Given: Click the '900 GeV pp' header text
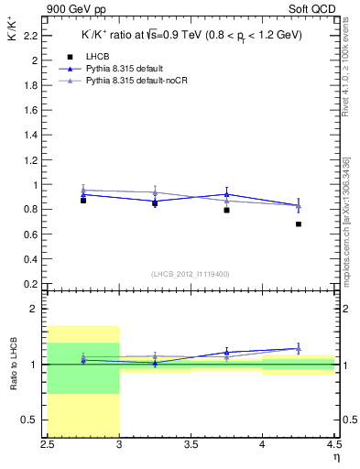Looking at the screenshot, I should click(x=78, y=9).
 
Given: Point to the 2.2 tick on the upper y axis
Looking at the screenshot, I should click(x=33, y=36).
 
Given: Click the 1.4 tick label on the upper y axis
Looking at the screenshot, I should click(x=33, y=135).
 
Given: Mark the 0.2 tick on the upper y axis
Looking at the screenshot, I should click(x=33, y=284).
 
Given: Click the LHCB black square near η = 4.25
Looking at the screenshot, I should click(x=299, y=224).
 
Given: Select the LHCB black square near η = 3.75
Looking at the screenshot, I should click(x=226, y=210).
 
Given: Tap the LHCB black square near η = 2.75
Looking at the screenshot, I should click(x=83, y=200).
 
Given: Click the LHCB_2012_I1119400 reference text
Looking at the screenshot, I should click(x=191, y=274).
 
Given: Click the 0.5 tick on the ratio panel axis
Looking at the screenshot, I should click(x=33, y=420).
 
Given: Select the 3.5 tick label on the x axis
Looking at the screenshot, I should click(x=191, y=445).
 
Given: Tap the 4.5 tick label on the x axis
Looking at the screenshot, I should click(x=333, y=445).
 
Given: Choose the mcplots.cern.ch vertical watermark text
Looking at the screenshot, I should click(x=346, y=220).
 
